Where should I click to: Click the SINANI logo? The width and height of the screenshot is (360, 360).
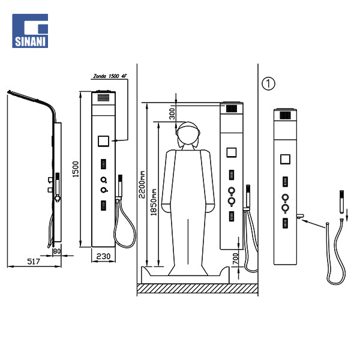point(30,31)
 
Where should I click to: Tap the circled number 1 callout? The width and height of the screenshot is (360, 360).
point(268,83)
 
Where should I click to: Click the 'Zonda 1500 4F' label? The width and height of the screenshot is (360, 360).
point(110,76)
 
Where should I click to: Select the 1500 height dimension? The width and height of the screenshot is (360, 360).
point(76,169)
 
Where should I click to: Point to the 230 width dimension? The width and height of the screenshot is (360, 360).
point(103,256)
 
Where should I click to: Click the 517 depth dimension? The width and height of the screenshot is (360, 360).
point(34,261)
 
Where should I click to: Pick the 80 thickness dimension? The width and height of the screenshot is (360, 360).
point(57,251)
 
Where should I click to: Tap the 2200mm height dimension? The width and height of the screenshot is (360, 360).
point(142,184)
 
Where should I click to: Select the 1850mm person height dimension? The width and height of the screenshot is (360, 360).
point(154,202)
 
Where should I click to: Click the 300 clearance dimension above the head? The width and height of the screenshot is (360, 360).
point(172,114)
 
